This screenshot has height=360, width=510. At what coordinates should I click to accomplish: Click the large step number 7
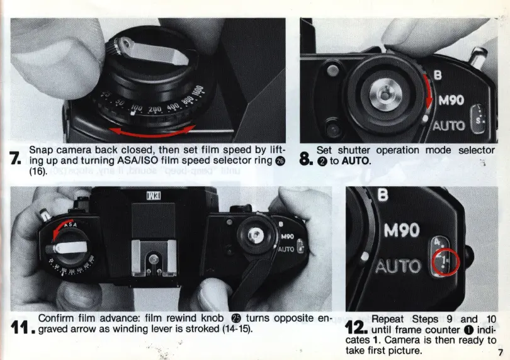pos(15,158)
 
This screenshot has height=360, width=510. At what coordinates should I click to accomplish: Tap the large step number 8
pos(306,159)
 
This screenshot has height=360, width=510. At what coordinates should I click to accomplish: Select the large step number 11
pos(23,327)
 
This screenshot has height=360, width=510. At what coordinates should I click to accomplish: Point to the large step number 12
pos(356,327)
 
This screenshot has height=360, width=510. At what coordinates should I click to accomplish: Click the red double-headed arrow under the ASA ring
pos(152,132)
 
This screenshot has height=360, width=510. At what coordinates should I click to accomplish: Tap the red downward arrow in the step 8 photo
pos(429,92)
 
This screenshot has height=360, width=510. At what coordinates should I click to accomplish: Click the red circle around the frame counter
pos(446,262)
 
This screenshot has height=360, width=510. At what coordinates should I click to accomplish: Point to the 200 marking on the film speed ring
pos(154,110)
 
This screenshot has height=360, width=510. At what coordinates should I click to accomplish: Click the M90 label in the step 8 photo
pos(451,100)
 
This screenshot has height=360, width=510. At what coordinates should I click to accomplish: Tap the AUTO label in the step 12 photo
pos(399,267)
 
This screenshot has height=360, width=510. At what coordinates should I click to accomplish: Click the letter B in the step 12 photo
pos(383,195)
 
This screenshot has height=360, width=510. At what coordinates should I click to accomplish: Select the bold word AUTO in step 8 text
pos(356,161)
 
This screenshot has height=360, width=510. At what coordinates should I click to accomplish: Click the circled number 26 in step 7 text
pos(280,160)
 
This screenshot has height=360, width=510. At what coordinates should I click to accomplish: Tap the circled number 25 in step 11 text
pos(235,318)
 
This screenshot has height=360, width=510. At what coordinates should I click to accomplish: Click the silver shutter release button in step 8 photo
pos(385,95)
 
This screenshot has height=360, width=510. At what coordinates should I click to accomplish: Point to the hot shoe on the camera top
pos(154,259)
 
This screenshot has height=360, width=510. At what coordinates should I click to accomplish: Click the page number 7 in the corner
pos(501,352)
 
